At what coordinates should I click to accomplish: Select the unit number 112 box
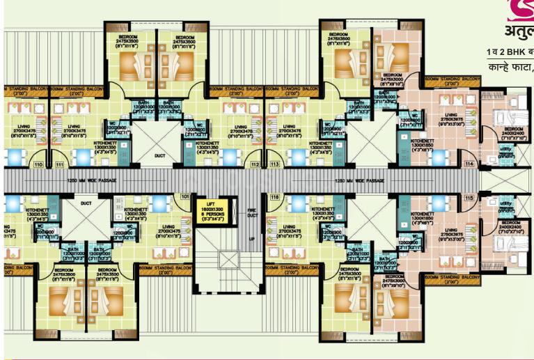(x=256, y=164)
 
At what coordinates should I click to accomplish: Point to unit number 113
(x=275, y=164)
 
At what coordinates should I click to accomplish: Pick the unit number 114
(x=469, y=164)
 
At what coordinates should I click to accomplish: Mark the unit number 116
(x=275, y=198)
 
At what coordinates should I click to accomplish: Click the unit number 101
(x=184, y=198)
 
